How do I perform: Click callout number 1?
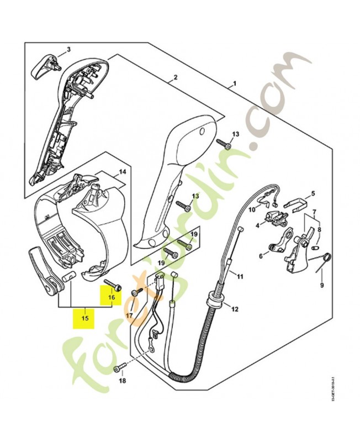(235, 84)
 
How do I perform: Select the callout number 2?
(175, 77)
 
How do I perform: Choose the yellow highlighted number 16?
(111, 297)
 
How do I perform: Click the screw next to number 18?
(118, 368)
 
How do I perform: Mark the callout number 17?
(129, 315)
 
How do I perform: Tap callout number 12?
(235, 309)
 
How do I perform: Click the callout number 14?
(122, 172)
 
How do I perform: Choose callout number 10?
(251, 209)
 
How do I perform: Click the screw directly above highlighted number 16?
(115, 285)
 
